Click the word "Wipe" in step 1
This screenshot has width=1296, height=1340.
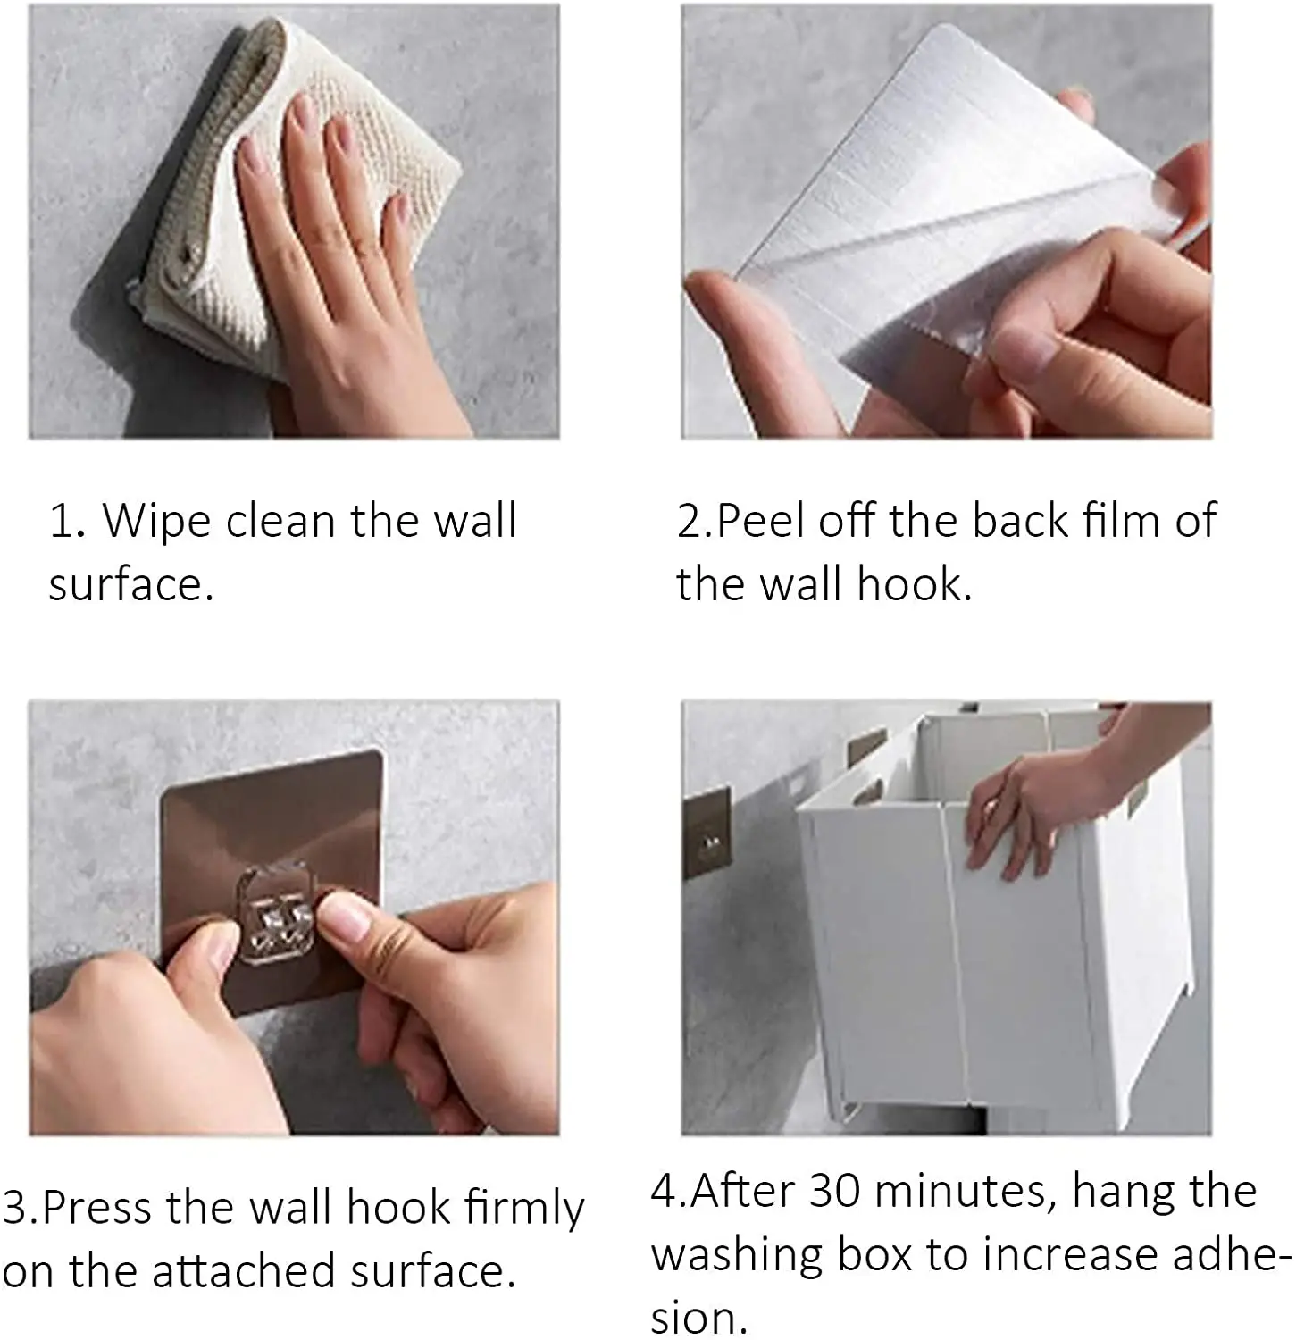pos(155,522)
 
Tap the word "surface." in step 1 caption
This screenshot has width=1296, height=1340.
pos(131,585)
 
